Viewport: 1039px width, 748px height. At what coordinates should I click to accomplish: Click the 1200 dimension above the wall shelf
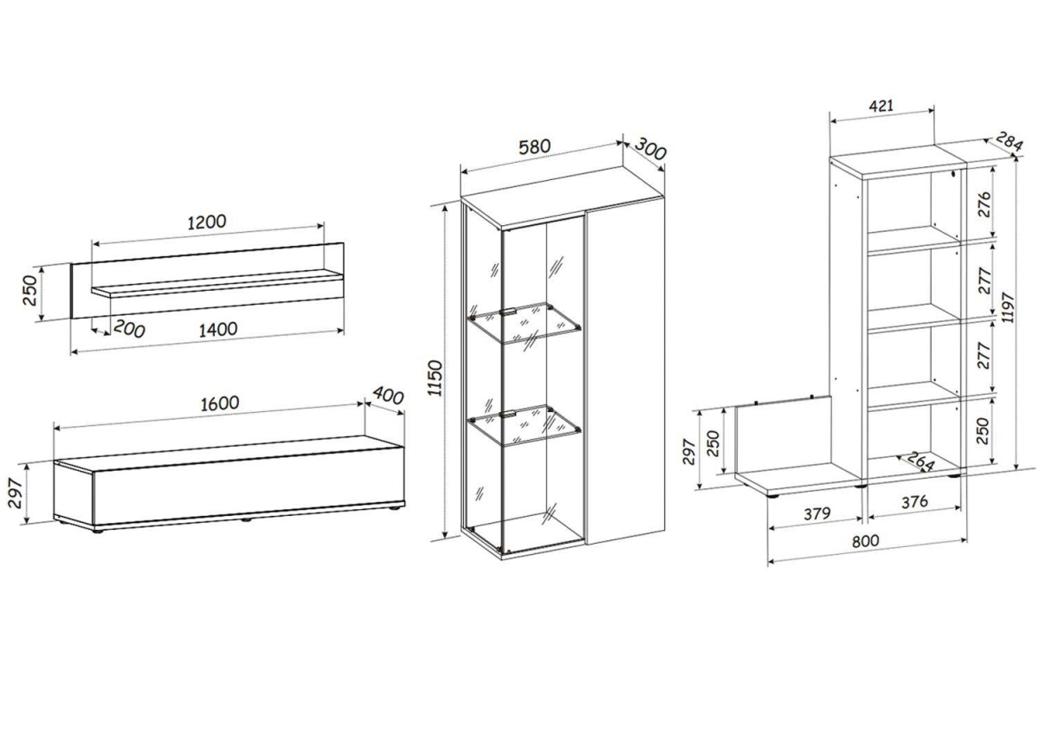(207, 222)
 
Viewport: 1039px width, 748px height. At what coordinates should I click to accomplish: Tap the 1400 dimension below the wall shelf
(218, 330)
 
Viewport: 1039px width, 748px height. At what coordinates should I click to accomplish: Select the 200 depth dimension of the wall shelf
(129, 329)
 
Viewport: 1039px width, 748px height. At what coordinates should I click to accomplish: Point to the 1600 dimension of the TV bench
(220, 403)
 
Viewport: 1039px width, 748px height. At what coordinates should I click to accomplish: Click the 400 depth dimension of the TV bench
(388, 395)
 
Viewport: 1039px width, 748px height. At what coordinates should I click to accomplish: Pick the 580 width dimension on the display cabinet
(534, 147)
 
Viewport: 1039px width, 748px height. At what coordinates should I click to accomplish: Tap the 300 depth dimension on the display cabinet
(650, 148)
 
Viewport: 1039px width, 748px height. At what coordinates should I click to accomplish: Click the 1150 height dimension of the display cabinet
(435, 377)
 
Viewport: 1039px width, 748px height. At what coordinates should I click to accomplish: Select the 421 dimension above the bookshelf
(881, 106)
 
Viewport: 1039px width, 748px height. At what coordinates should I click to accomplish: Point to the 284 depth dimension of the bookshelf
(1009, 141)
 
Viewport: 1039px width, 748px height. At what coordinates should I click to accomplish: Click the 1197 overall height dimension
(1008, 307)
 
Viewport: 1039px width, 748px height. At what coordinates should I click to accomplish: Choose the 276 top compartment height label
(984, 204)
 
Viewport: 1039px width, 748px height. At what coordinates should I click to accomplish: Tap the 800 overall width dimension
(866, 541)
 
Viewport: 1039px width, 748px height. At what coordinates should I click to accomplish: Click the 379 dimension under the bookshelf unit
(816, 513)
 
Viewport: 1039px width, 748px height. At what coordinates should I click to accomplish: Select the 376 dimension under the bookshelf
(914, 502)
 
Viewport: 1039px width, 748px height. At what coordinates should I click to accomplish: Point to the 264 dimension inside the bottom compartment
(920, 461)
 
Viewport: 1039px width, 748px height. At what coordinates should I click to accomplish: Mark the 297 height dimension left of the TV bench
(16, 493)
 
